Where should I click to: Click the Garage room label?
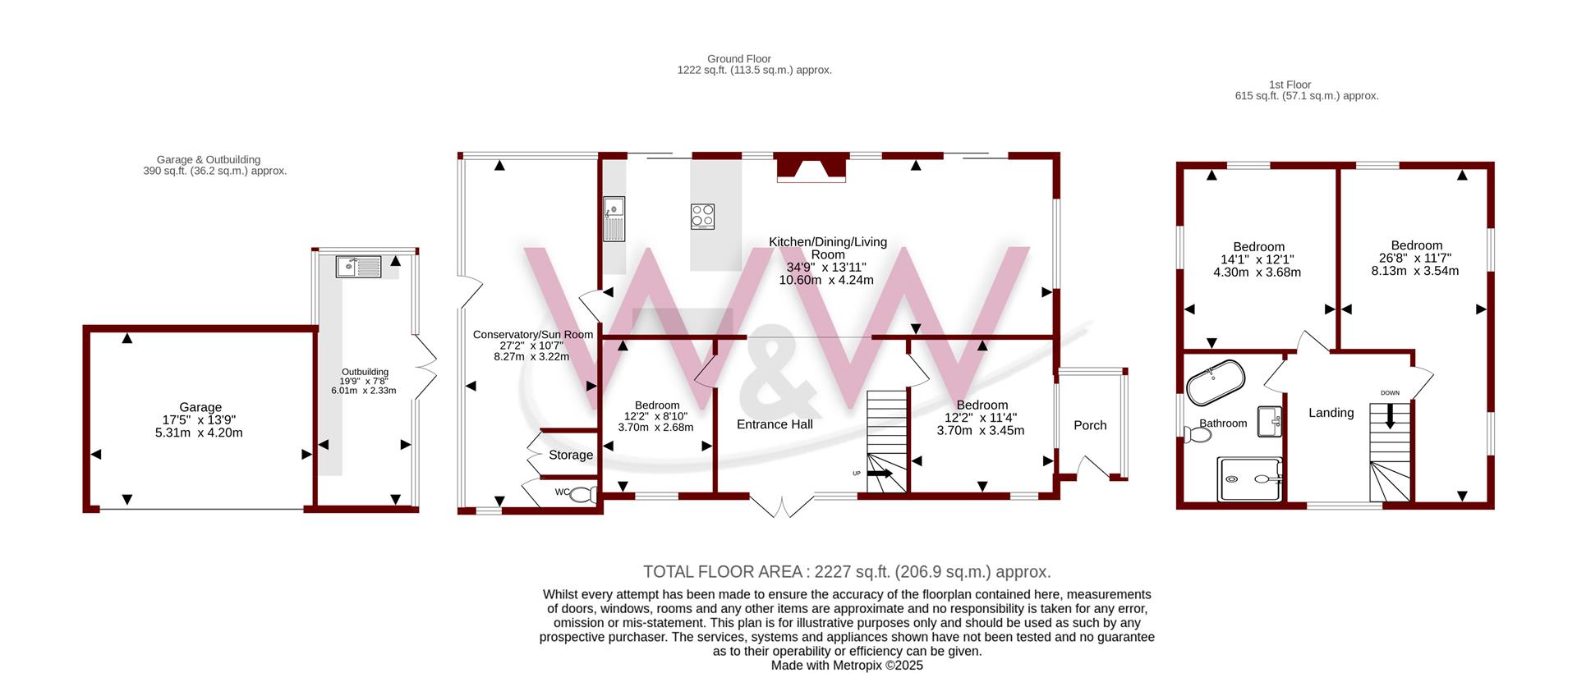pos(200,407)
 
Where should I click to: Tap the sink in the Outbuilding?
pos(358,267)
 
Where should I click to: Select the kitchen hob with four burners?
pos(702,216)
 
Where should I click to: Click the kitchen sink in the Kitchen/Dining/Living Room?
pos(614,219)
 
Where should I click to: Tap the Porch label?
pos(1090,425)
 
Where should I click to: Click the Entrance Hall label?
pos(775,424)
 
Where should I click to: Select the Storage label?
pos(571,456)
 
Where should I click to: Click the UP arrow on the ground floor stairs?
pos(880,474)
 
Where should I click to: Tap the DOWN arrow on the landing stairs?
pos(1390,415)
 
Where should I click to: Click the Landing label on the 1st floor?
pos(1331,413)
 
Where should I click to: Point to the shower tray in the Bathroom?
pos(1249,479)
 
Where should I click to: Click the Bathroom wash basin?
pos(1270,421)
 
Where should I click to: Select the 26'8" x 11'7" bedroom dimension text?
pos(1415,258)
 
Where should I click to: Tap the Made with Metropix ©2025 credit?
pos(847,666)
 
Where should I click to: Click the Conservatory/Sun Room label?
pos(533,335)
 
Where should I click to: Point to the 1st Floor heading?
pos(1290,85)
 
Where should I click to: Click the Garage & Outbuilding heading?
pos(209,160)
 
